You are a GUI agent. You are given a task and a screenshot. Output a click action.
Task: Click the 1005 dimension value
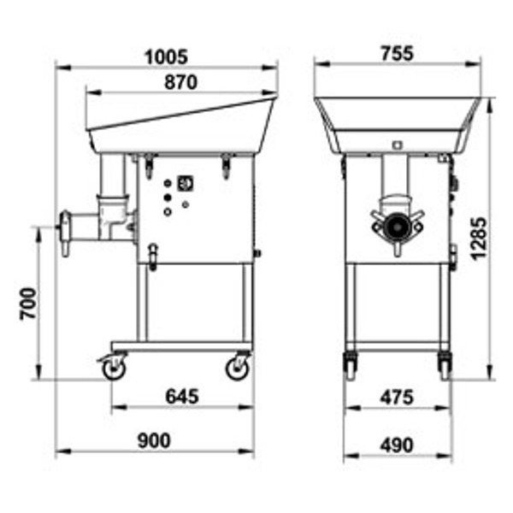166,56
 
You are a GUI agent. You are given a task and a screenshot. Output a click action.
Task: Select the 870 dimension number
181,82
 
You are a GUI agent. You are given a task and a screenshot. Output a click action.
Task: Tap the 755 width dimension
398,53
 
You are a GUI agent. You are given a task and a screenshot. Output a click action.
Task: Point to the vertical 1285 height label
480,239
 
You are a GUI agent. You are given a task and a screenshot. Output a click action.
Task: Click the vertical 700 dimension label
28,304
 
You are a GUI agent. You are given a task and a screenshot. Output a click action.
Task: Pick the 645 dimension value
182,396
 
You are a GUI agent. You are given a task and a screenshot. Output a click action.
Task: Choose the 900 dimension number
154,440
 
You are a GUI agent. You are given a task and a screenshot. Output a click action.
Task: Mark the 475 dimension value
397,398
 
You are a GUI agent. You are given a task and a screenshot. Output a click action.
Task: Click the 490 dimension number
397,445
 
